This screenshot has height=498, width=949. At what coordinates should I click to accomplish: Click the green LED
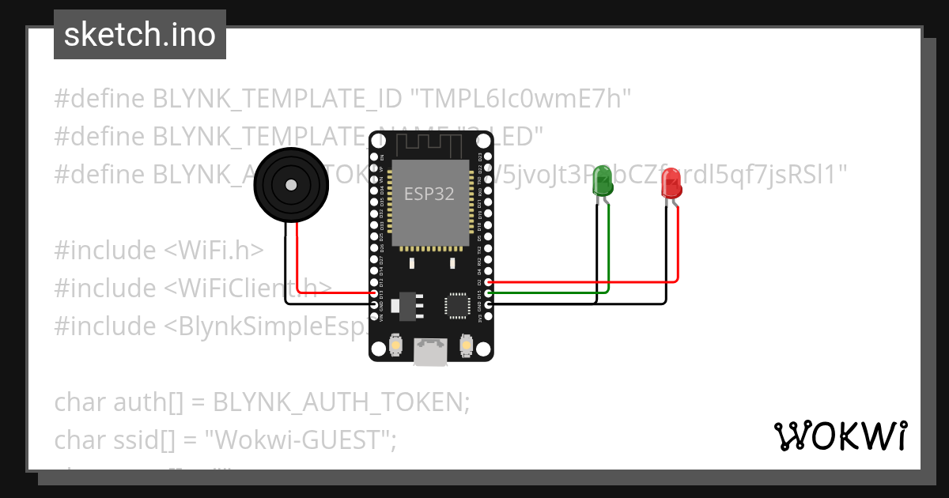tap(602, 181)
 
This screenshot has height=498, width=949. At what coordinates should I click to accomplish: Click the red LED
tap(671, 183)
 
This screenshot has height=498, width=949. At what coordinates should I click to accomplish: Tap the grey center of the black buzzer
tap(291, 185)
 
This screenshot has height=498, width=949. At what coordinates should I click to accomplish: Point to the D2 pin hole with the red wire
tap(490, 281)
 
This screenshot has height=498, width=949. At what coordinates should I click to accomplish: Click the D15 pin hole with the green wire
tap(490, 293)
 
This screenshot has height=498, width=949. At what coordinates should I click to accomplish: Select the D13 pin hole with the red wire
tap(374, 293)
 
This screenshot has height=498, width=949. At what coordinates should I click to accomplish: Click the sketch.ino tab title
tap(140, 36)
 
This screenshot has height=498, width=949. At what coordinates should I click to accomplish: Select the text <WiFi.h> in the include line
tap(214, 250)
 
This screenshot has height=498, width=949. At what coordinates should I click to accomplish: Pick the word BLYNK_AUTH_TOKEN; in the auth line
tap(341, 402)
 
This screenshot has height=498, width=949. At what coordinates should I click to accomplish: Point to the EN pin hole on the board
tap(374, 157)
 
